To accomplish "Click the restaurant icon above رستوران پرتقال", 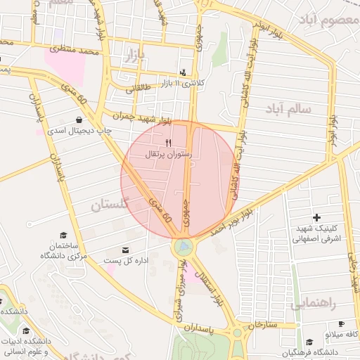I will (x=168, y=142).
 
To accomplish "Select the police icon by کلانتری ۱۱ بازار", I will (x=184, y=72).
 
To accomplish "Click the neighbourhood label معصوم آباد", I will (x=328, y=19).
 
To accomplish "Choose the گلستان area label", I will (x=110, y=205).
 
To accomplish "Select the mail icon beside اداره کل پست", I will (x=126, y=250).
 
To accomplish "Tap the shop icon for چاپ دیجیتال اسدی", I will (x=77, y=120).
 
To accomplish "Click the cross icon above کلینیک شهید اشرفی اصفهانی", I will (x=316, y=218).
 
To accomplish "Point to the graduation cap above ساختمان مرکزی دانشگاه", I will (x=63, y=235).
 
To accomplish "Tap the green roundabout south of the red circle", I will (x=183, y=247).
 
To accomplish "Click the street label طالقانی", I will (x=139, y=89).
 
